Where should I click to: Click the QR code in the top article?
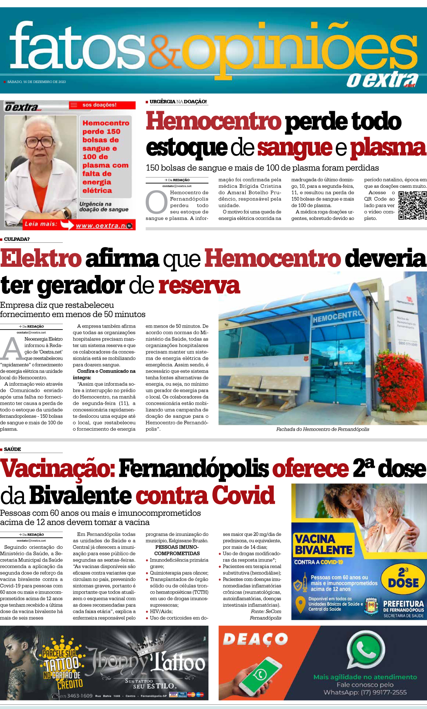(412, 205)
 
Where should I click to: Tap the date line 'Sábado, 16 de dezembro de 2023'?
(36, 82)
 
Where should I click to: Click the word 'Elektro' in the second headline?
(41, 259)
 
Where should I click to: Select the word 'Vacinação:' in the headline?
(58, 469)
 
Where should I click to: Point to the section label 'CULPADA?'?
(17, 239)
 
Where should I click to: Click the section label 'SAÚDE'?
(12, 449)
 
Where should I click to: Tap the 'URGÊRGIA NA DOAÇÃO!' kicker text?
(178, 101)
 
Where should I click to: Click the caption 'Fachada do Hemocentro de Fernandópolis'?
(322, 429)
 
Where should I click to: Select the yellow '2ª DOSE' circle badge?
(403, 578)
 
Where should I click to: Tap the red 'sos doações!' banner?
(102, 105)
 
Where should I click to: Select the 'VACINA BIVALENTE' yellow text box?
(323, 544)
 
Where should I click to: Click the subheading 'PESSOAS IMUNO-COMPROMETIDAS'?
(177, 550)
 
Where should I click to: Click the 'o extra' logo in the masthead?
(381, 80)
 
